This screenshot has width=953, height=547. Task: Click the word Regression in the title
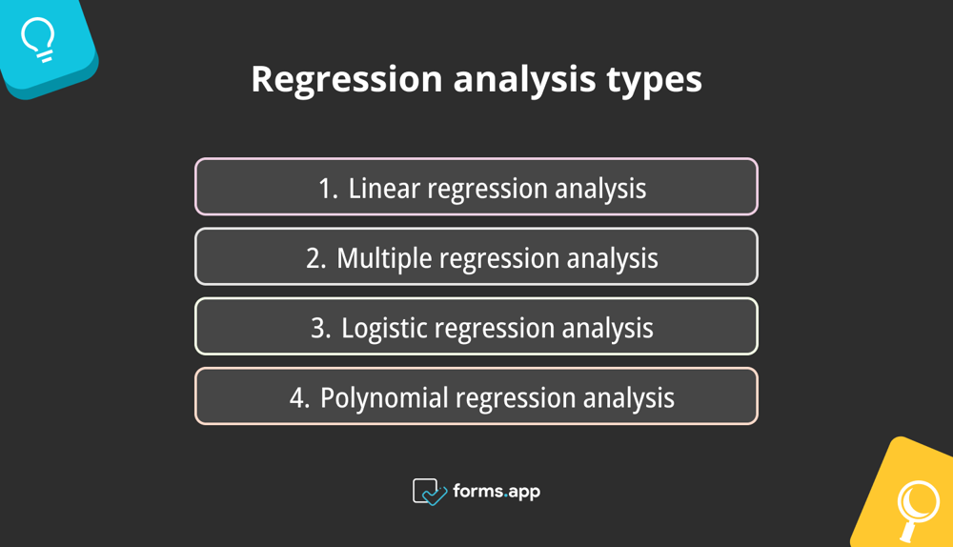point(346,80)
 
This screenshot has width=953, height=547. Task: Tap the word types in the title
point(655,80)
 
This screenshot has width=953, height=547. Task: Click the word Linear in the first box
point(385,189)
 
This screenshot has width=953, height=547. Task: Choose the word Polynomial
point(385,398)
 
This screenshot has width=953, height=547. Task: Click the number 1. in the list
point(328,189)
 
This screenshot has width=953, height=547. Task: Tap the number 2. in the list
point(316,258)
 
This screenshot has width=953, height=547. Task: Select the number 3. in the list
point(321,329)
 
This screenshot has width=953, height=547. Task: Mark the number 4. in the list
point(300,398)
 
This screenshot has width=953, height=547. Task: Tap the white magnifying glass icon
point(916,504)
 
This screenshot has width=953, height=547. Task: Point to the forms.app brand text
point(497,492)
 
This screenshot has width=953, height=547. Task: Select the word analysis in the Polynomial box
point(623,398)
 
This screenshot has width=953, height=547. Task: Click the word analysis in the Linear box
point(600,189)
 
